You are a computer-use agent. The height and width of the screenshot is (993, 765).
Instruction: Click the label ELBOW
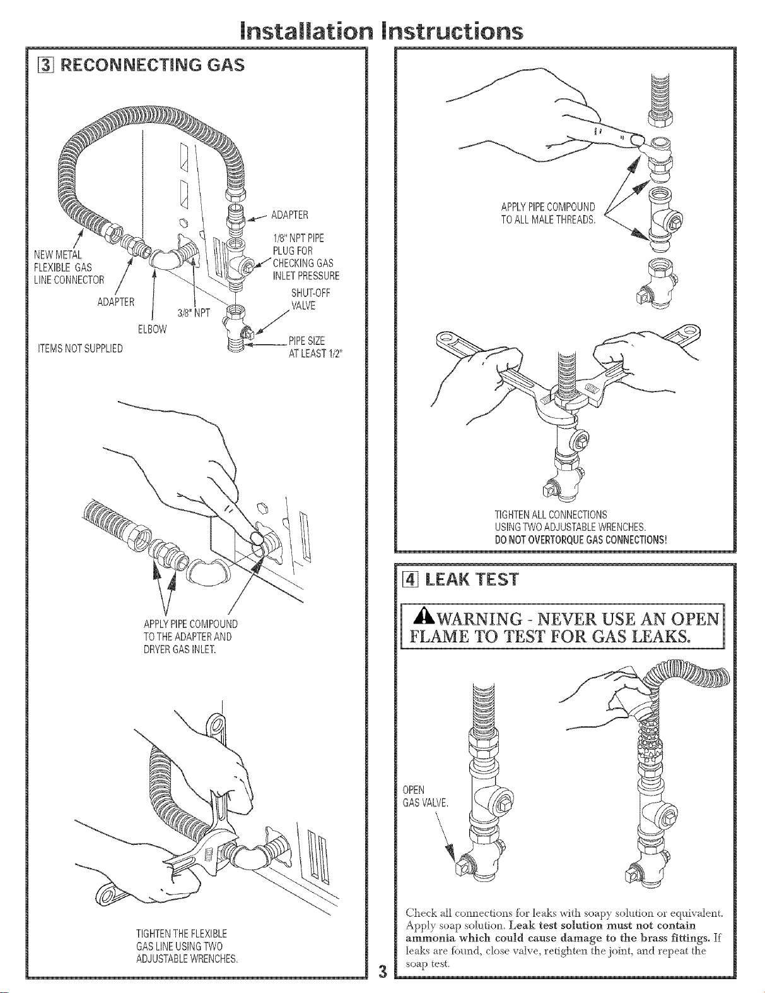coord(153,329)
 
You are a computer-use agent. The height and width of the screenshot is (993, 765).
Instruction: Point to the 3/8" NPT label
coord(194,313)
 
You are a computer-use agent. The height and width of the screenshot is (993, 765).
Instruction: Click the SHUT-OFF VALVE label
coord(310,299)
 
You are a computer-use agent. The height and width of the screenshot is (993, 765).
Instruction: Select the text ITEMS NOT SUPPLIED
coord(81,348)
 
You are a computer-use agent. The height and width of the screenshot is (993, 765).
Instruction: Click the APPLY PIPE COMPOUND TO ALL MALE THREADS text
coord(549,213)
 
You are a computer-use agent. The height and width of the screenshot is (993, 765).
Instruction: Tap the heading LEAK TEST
coord(472,580)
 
